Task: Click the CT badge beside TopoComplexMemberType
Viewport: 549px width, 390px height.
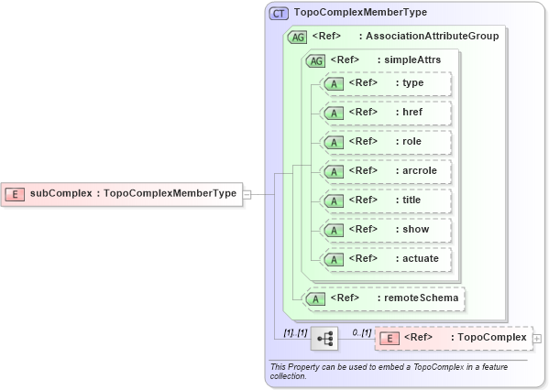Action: pyautogui.click(x=279, y=14)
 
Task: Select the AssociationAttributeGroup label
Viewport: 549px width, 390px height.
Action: pyautogui.click(x=429, y=37)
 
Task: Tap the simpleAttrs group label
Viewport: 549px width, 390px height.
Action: pyautogui.click(x=412, y=60)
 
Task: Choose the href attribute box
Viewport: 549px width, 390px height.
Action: pyautogui.click(x=384, y=113)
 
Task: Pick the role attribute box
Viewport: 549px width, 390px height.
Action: pyautogui.click(x=384, y=142)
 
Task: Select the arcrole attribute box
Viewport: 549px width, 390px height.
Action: pyautogui.click(x=384, y=171)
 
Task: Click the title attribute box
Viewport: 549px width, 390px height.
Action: pyautogui.click(x=384, y=200)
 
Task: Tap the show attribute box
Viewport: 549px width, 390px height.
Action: pyautogui.click(x=384, y=230)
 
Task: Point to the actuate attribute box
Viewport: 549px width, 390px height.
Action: pyautogui.click(x=384, y=259)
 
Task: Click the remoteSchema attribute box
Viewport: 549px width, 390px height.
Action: pyautogui.click(x=384, y=298)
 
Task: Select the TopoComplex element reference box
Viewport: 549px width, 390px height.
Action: pyautogui.click(x=453, y=338)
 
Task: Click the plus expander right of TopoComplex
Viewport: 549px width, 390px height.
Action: pyautogui.click(x=537, y=339)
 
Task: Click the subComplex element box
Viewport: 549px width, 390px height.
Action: pyautogui.click(x=123, y=193)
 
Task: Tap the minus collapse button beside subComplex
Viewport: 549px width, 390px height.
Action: pyautogui.click(x=247, y=194)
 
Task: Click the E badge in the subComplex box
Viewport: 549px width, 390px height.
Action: pyautogui.click(x=16, y=194)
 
